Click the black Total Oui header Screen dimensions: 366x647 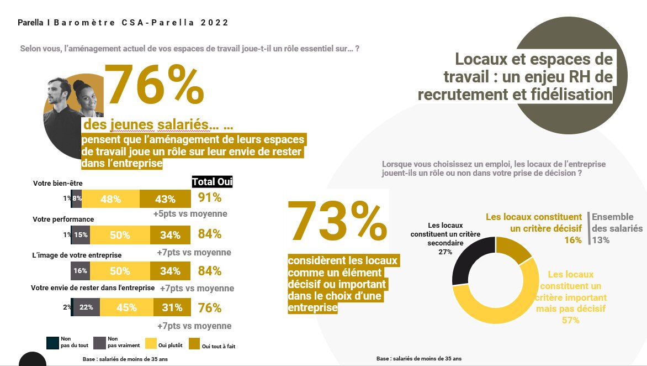point(212,182)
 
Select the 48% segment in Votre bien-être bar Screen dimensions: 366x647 point(110,199)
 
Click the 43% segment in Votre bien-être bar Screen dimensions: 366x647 point(165,199)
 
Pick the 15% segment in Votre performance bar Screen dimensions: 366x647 point(81,235)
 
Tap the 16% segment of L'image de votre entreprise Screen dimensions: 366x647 point(80,271)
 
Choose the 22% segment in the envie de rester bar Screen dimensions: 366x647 point(86,307)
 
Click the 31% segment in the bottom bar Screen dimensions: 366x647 point(172,307)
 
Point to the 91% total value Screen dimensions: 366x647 point(209,198)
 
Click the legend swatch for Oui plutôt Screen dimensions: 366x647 point(150,343)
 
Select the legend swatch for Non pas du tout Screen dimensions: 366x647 point(52,343)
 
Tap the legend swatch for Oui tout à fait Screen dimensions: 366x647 point(194,343)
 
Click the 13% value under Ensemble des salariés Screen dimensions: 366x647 point(601,240)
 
